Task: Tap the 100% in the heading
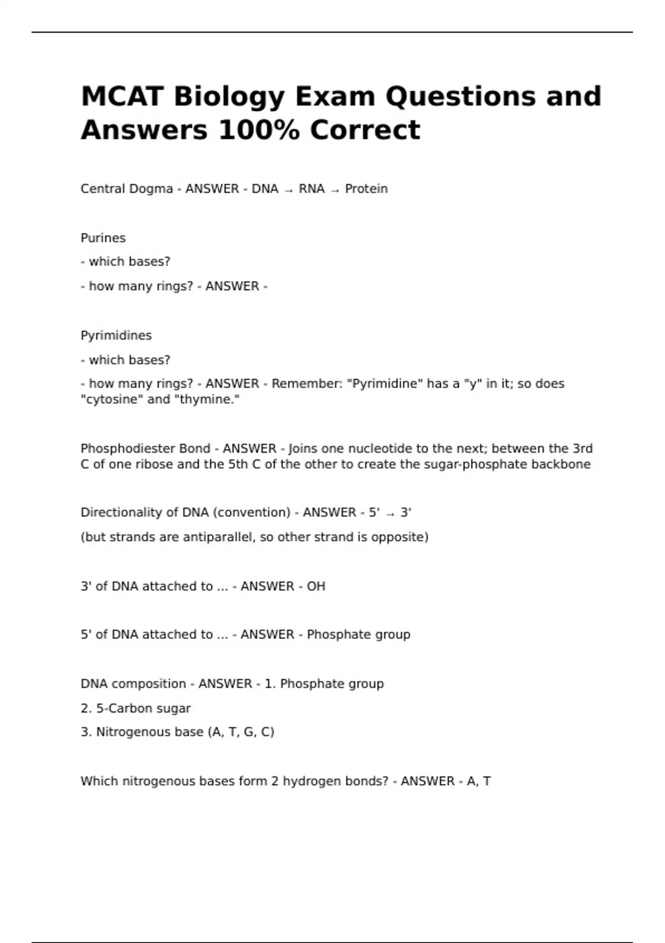click(x=259, y=130)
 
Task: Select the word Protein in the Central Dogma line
click(x=366, y=189)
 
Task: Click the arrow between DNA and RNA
click(x=289, y=190)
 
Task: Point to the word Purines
click(x=103, y=238)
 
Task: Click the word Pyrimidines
click(x=116, y=336)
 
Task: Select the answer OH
click(x=316, y=586)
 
